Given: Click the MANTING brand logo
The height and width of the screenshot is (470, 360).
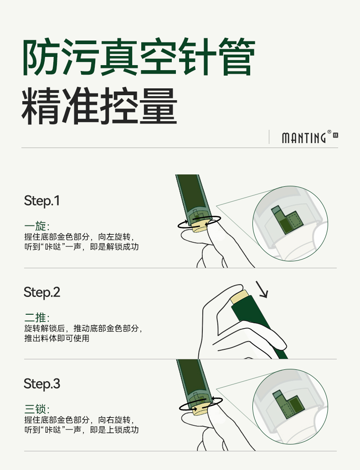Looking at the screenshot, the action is coord(303,138).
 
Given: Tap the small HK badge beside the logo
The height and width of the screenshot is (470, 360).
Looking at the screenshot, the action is coord(335,135).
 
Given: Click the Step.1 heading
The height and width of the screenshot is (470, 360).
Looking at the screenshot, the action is coord(42,201).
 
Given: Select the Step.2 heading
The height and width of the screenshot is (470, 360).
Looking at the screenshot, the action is coord(42,292).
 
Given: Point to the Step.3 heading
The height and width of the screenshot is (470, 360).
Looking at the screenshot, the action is coord(42,384).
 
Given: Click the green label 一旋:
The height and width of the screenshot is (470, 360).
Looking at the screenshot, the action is coord(37,226).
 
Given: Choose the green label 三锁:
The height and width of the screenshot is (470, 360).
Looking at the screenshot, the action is coord(37,409).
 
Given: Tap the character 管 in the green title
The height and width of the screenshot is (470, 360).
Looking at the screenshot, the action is coord(237,57).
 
